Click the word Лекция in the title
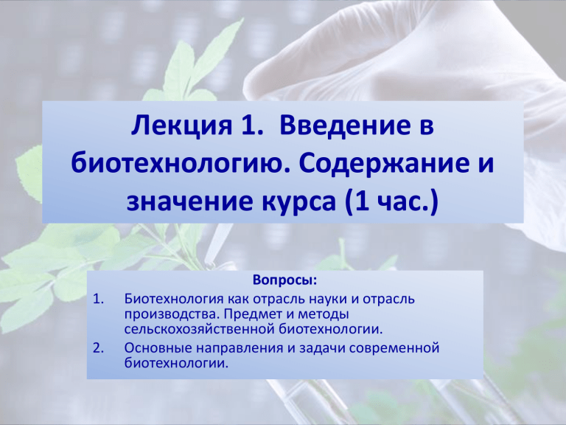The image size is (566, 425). click(x=181, y=125)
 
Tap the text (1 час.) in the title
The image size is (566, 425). click(x=391, y=202)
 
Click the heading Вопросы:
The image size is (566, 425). click(x=284, y=280)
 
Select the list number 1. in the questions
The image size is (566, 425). click(x=99, y=300)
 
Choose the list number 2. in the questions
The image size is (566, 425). click(x=99, y=348)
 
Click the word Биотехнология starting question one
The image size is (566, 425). click(x=175, y=300)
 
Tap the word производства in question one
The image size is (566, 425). click(x=172, y=315)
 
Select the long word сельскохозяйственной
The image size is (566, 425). click(x=200, y=330)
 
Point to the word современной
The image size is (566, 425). click(x=394, y=349)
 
